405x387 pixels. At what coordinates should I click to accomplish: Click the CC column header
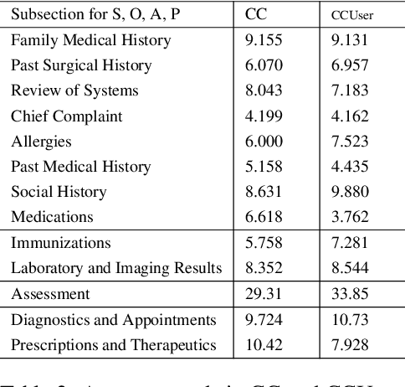click(x=255, y=15)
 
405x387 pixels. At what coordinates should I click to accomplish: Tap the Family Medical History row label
click(x=90, y=39)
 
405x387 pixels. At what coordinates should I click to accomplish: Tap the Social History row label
click(x=61, y=192)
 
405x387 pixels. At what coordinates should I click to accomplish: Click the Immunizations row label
click(x=60, y=243)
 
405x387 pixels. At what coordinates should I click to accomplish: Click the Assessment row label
click(x=51, y=294)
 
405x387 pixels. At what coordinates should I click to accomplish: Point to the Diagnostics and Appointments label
click(x=114, y=320)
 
